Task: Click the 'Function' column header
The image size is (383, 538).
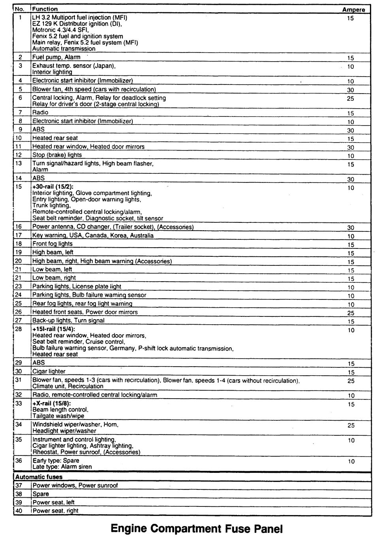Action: pyautogui.click(x=45, y=9)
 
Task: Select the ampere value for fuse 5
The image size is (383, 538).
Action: pyautogui.click(x=350, y=90)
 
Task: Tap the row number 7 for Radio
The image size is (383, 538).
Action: pyautogui.click(x=20, y=113)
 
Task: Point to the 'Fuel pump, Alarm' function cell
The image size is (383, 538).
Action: pyautogui.click(x=56, y=57)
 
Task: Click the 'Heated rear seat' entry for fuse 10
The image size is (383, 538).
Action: pyautogui.click(x=55, y=138)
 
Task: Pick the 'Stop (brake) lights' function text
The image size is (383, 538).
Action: pyautogui.click(x=57, y=155)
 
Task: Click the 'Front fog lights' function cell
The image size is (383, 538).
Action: pyautogui.click(x=52, y=244)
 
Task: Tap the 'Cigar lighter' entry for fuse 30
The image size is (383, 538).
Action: pyautogui.click(x=49, y=372)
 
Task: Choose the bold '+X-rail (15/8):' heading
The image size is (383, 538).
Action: pyautogui.click(x=51, y=404)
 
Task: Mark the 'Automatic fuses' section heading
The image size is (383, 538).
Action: pyautogui.click(x=39, y=477)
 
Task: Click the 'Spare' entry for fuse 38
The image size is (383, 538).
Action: pyautogui.click(x=41, y=494)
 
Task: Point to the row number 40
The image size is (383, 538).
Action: pyautogui.click(x=19, y=511)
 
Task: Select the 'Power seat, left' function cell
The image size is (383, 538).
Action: pyautogui.click(x=53, y=502)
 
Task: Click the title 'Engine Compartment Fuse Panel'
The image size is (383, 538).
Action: pyautogui.click(x=197, y=528)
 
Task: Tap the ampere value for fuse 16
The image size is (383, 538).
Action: pyautogui.click(x=351, y=228)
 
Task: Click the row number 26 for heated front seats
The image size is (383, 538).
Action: pyautogui.click(x=19, y=312)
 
